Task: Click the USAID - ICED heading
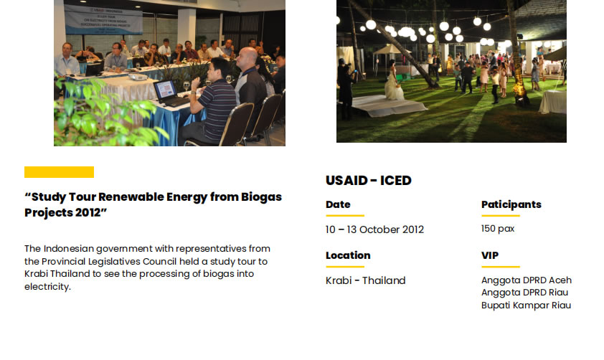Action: [369, 181]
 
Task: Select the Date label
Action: [338, 204]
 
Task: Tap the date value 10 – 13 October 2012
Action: [374, 229]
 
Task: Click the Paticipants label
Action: [511, 204]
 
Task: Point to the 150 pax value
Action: [498, 229]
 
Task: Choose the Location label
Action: [348, 255]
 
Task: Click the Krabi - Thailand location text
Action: [366, 280]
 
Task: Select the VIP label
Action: [490, 255]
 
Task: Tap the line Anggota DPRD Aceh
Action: [527, 280]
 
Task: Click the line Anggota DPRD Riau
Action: [524, 293]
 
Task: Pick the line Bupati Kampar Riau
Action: [527, 305]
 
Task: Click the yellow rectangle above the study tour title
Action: [59, 172]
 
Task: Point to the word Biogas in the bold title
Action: [262, 197]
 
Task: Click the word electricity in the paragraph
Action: [47, 287]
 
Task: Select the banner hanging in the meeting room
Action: [103, 19]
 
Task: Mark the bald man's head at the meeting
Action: [247, 58]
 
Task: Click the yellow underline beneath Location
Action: [345, 267]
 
